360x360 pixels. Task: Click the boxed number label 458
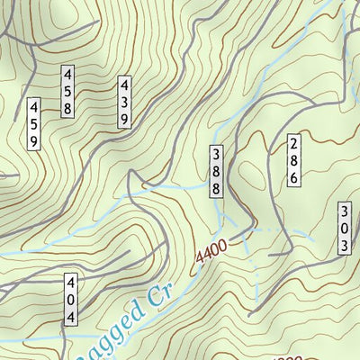[x=67, y=91]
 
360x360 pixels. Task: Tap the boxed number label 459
[x=33, y=124]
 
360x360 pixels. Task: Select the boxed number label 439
[x=124, y=101]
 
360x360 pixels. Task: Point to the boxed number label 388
[x=216, y=171]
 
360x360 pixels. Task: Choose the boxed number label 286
[x=293, y=160]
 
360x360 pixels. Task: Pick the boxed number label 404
[x=70, y=301]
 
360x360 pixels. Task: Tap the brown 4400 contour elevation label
[x=212, y=252]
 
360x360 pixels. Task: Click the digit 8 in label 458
[x=67, y=108]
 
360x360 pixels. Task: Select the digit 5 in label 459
[x=33, y=124]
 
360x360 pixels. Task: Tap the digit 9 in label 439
[x=124, y=117]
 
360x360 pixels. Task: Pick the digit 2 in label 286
[x=293, y=143]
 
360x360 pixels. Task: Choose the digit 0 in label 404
[x=70, y=301]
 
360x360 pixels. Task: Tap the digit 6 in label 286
[x=293, y=177]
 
